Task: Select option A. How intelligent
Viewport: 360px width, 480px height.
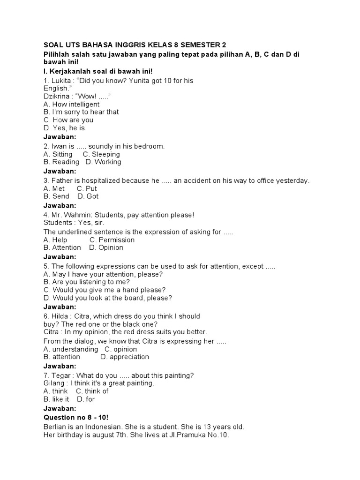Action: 71,104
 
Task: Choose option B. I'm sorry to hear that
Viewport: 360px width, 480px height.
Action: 81,112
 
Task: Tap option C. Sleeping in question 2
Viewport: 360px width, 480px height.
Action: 101,154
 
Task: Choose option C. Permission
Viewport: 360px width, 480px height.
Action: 112,240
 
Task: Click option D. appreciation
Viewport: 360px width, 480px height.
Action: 125,357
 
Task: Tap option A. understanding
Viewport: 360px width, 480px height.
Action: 71,349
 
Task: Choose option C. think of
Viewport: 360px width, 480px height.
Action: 92,391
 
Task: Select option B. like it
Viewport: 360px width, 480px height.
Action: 56,399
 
